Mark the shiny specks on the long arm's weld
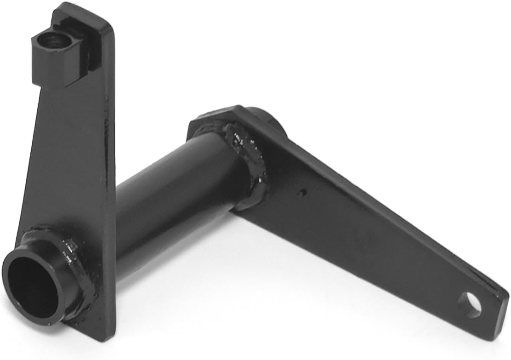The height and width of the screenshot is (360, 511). pyautogui.click(x=239, y=138)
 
